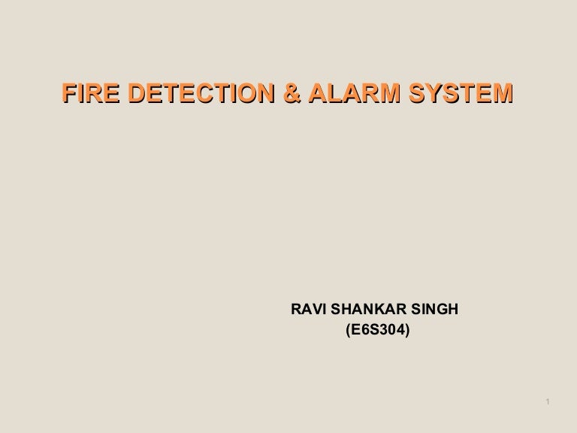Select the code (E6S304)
click(377, 329)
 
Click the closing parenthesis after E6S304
click(407, 329)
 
